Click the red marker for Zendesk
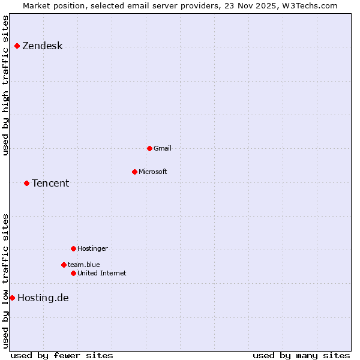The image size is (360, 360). [x=17, y=46]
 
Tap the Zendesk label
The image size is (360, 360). [x=42, y=46]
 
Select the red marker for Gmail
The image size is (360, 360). [x=149, y=148]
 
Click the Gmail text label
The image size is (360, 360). [x=162, y=148]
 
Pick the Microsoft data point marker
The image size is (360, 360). [x=134, y=172]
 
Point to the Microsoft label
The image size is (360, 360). [x=152, y=172]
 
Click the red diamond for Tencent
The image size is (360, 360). [x=26, y=183]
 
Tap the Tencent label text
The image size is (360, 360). [x=50, y=183]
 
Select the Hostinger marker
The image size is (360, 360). [x=73, y=248]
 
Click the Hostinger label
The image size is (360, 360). [x=92, y=248]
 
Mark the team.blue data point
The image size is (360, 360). [x=64, y=265]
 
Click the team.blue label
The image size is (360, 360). [x=83, y=265]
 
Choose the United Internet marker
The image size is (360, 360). [x=73, y=273]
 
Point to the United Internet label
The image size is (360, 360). [x=101, y=273]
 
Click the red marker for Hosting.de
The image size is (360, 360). [x=12, y=298]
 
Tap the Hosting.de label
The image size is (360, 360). [x=43, y=298]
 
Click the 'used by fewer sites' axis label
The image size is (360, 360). [x=62, y=355]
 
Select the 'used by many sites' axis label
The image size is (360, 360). [x=301, y=355]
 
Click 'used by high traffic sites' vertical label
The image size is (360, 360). [x=5, y=85]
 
